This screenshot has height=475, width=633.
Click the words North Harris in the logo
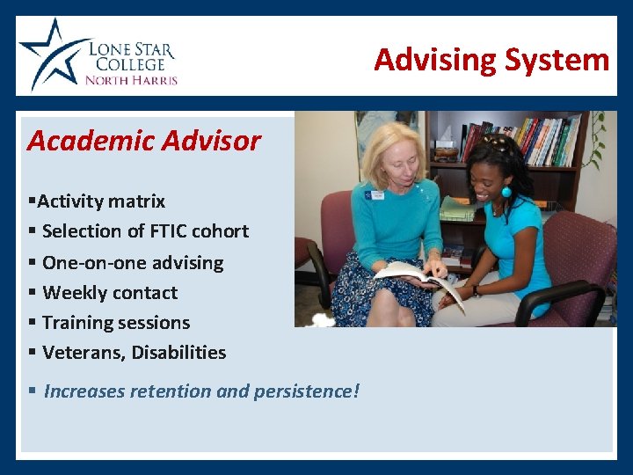coord(131,80)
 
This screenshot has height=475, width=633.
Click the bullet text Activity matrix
coord(101,201)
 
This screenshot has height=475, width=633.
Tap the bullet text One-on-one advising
coord(133,263)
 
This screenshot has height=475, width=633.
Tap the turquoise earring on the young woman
coord(506,192)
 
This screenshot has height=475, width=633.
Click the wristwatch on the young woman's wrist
coord(477,291)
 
